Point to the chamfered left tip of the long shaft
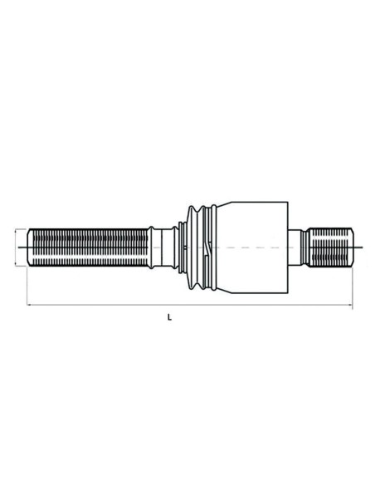[x=30, y=247]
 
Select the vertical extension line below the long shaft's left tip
[x=27, y=287]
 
